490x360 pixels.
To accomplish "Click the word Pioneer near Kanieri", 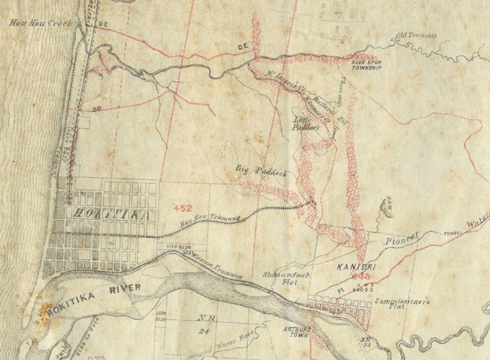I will click(x=403, y=239).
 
